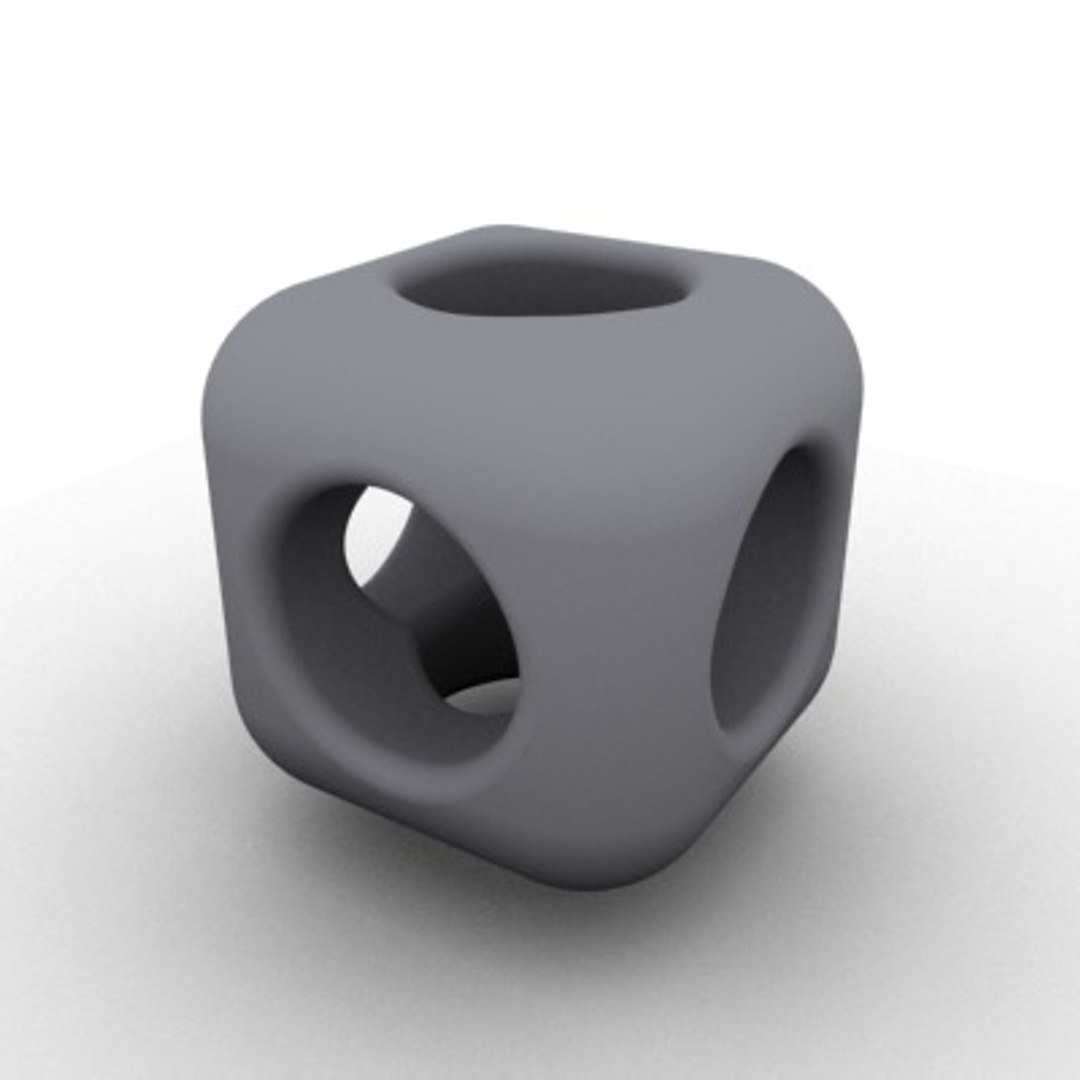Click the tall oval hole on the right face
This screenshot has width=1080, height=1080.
pos(770,590)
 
